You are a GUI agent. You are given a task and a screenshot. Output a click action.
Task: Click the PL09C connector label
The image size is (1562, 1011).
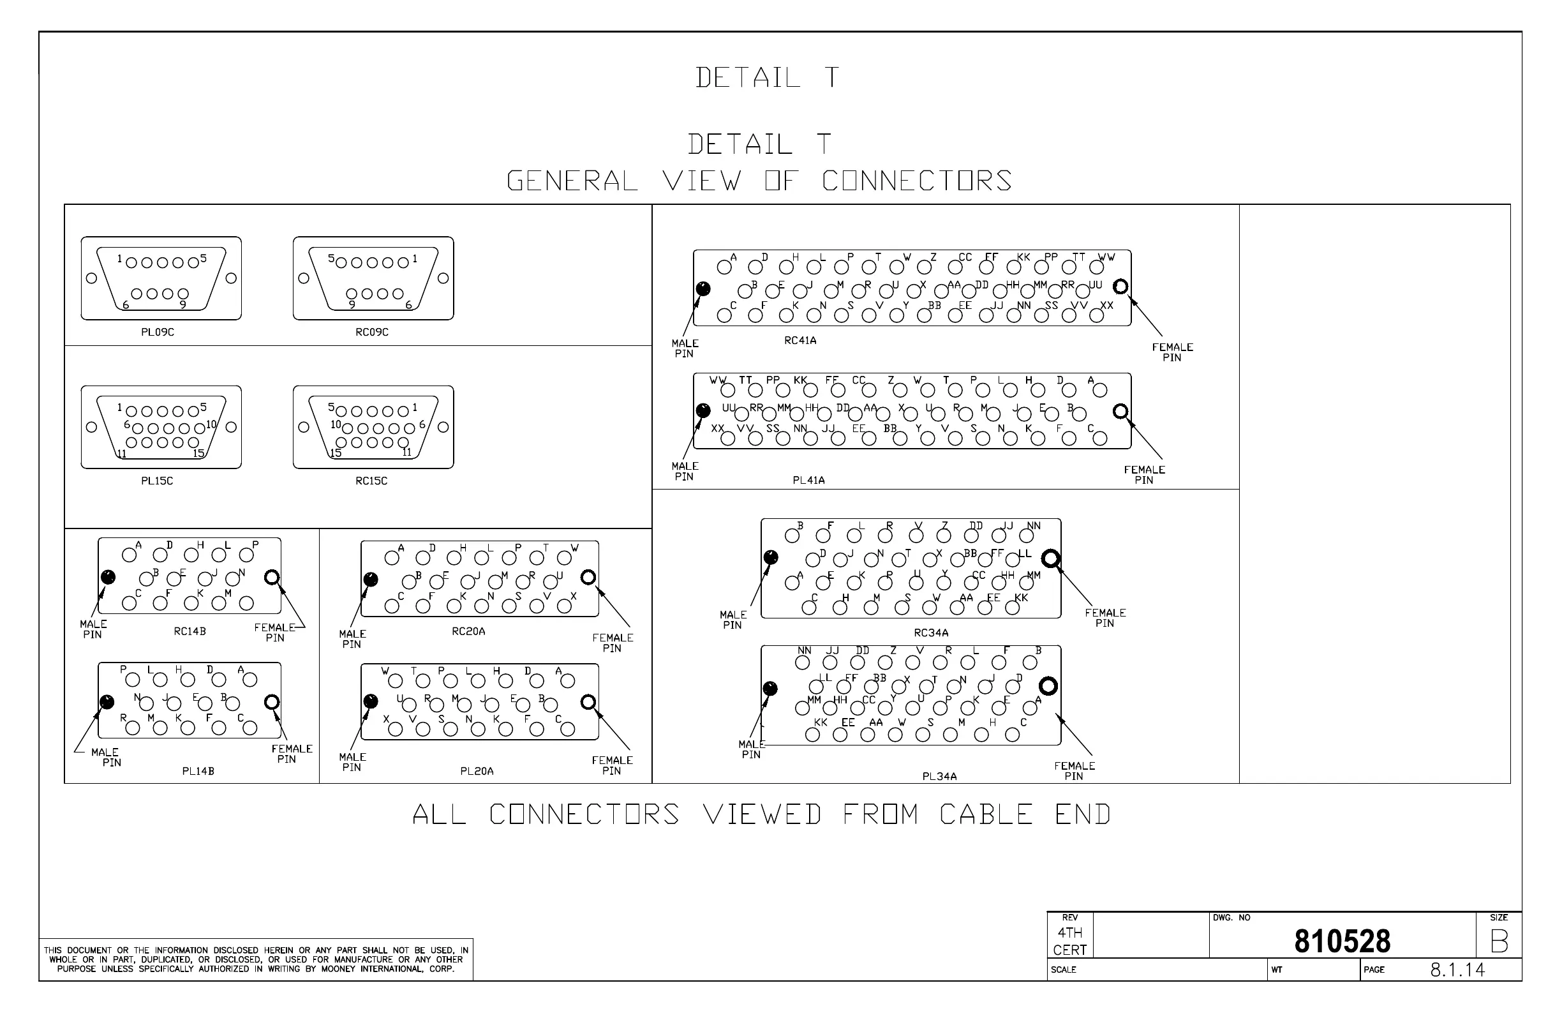(x=158, y=332)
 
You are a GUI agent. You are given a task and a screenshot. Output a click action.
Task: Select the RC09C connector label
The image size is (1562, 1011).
(x=371, y=332)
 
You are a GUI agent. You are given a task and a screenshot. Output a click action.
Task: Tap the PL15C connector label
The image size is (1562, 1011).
(x=157, y=481)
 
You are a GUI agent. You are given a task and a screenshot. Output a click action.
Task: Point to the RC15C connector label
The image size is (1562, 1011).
(x=371, y=481)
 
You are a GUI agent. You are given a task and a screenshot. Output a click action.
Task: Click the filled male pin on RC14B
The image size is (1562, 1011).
(x=108, y=577)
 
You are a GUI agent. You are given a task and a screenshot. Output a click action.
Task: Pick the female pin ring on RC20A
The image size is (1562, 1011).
(x=588, y=577)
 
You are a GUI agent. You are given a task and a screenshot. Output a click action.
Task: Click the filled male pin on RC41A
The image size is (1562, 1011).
(x=703, y=288)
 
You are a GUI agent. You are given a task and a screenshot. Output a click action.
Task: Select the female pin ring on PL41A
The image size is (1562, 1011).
(x=1121, y=412)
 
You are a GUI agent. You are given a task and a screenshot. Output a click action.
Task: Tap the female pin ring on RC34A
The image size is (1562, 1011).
(x=1051, y=558)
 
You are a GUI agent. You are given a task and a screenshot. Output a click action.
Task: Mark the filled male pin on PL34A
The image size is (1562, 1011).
(x=771, y=689)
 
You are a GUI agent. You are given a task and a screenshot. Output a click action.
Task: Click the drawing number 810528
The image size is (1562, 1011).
(x=1342, y=941)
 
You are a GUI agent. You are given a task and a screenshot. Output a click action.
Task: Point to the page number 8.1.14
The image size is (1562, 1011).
(x=1457, y=970)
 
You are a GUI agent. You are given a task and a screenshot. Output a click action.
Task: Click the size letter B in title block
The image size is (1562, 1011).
(x=1499, y=942)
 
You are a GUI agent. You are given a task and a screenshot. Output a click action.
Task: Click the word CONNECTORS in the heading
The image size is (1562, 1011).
(x=916, y=181)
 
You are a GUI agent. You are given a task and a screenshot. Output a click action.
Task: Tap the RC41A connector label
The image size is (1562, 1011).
(x=800, y=341)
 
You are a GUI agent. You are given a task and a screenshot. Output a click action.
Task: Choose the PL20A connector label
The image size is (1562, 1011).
(x=477, y=772)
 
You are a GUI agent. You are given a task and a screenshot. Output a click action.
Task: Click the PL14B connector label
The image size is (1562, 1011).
(x=198, y=772)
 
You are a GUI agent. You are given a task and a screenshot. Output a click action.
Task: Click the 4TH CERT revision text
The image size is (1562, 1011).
(x=1070, y=941)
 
